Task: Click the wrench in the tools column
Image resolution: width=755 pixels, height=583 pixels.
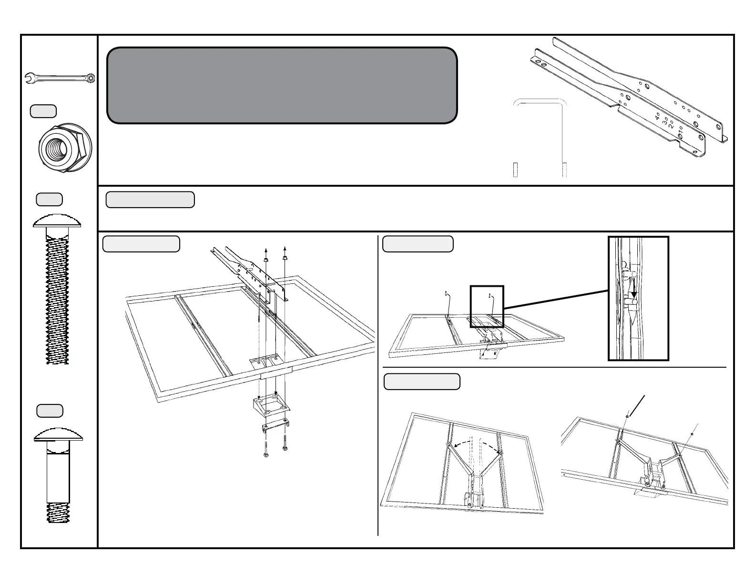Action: (60, 78)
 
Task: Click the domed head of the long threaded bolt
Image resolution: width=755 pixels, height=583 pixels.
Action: (57, 221)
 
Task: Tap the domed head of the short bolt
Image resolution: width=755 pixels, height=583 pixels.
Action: (58, 434)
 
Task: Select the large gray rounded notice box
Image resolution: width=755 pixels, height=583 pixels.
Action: (282, 85)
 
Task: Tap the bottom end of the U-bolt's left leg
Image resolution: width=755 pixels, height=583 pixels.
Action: (515, 170)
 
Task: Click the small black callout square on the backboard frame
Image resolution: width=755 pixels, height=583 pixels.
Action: (487, 306)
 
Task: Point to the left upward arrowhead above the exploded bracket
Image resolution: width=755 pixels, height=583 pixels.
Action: (265, 249)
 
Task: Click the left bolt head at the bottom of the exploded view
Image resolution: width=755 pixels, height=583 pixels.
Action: (265, 454)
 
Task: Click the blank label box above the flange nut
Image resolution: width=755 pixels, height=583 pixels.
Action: (43, 111)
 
